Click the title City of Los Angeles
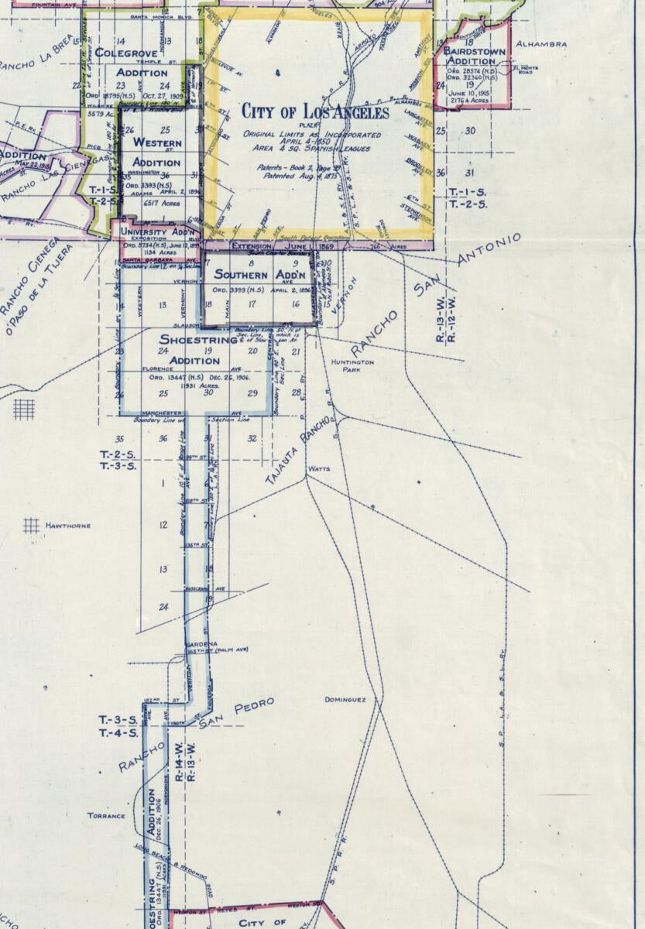(315, 113)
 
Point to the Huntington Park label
(352, 365)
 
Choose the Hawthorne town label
(68, 526)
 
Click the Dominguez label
(345, 700)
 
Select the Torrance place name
(106, 816)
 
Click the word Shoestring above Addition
(197, 340)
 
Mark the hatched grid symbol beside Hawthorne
(31, 526)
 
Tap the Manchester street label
(163, 413)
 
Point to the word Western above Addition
(157, 143)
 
